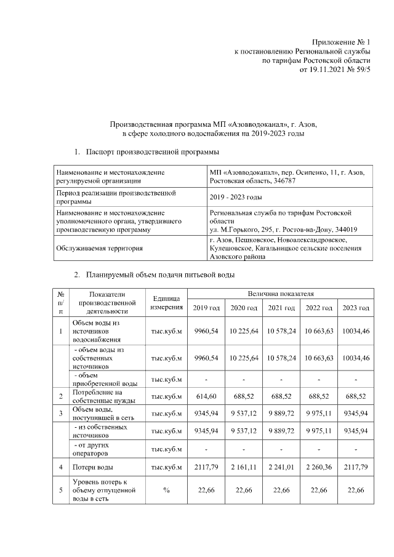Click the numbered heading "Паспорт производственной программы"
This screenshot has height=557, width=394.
point(153,151)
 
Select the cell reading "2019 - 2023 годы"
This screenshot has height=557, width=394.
point(236,197)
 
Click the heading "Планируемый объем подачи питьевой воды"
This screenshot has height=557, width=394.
point(161,274)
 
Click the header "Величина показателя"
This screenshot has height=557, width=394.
point(280,295)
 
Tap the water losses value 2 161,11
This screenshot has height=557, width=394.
point(244,468)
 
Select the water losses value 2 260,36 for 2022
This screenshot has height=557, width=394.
point(319,468)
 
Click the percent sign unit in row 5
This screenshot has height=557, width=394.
point(166,489)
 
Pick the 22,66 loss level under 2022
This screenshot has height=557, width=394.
point(319,489)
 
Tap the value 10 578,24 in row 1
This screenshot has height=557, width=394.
point(281,331)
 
